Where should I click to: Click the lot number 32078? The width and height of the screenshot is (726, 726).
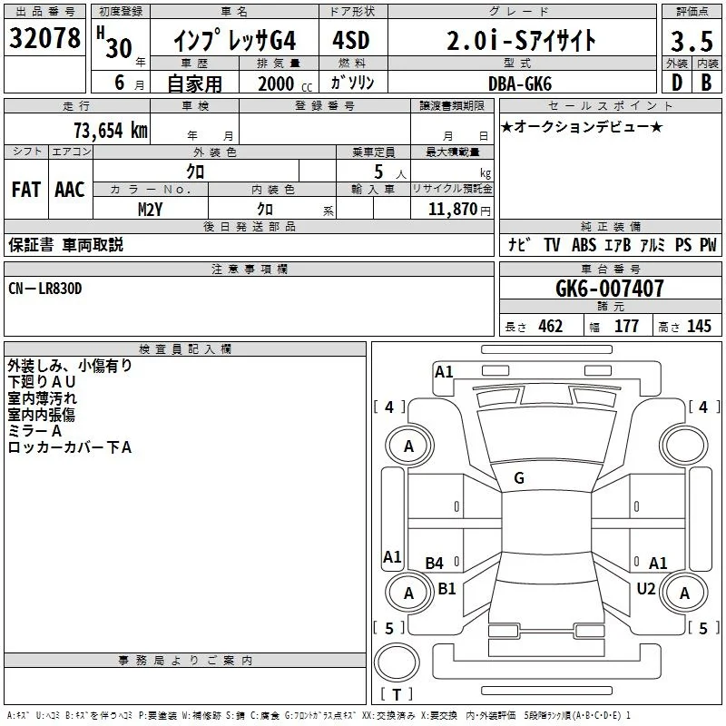pyautogui.click(x=44, y=38)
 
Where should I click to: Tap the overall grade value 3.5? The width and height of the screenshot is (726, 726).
pyautogui.click(x=692, y=41)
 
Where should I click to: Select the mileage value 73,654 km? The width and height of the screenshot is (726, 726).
pyautogui.click(x=111, y=131)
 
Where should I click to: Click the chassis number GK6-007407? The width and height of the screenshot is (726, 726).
pyautogui.click(x=609, y=289)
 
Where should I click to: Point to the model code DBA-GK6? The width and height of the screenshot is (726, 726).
pyautogui.click(x=520, y=83)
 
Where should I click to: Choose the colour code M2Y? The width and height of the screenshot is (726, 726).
pyautogui.click(x=150, y=210)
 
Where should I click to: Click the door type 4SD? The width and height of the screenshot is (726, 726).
pyautogui.click(x=351, y=40)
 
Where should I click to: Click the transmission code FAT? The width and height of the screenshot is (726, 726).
pyautogui.click(x=26, y=190)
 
